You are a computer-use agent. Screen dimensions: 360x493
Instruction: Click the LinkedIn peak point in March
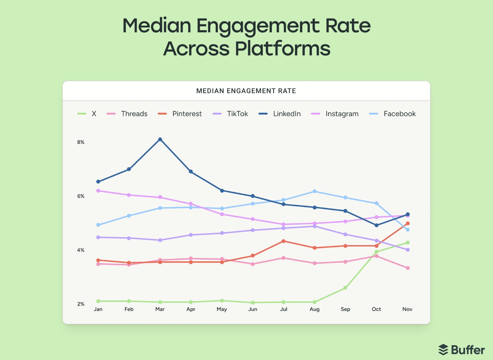tap(160, 139)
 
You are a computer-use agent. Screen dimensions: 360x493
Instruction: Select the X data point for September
tap(345, 288)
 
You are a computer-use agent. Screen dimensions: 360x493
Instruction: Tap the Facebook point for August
tap(315, 191)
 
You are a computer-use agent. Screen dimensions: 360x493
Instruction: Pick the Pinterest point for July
tap(284, 241)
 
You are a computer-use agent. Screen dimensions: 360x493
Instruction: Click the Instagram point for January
tap(98, 191)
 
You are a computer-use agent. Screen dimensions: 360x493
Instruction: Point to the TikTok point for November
tap(408, 250)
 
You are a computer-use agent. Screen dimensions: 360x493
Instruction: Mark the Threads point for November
tap(408, 268)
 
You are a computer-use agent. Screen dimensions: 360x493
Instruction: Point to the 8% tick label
tap(81, 142)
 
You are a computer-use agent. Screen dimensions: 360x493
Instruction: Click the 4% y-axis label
tap(81, 250)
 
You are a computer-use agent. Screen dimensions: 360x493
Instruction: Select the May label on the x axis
tap(222, 309)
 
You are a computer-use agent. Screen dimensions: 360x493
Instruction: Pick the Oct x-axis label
tap(376, 309)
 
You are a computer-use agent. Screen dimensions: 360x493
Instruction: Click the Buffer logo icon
tap(443, 350)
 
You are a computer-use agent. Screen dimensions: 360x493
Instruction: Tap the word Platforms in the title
tap(282, 49)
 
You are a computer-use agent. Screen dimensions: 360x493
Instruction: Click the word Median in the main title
tap(157, 26)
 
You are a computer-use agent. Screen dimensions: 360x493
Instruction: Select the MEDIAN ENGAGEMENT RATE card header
tap(246, 91)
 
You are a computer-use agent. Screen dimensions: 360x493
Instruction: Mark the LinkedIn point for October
tap(376, 225)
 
